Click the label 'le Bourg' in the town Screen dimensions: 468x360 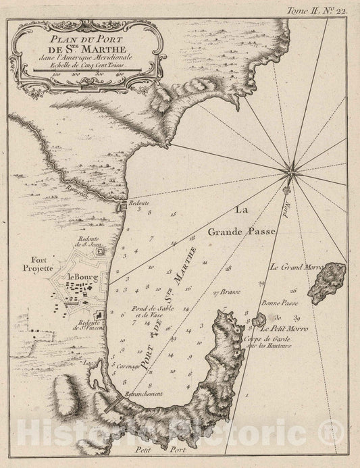point(83,276)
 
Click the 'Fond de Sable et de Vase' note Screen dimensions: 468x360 point(148,311)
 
